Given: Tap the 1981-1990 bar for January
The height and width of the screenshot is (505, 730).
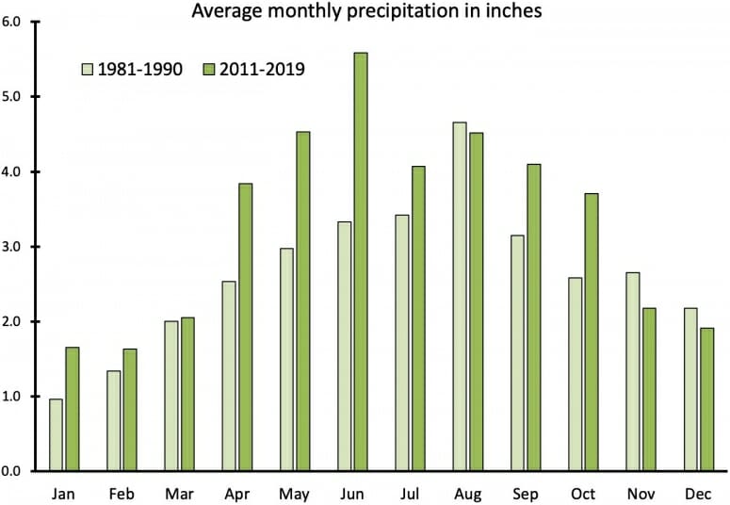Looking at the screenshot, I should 56,434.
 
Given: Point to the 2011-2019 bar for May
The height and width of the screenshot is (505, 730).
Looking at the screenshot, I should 302,301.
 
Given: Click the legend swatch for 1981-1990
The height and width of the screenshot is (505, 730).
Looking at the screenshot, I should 88,69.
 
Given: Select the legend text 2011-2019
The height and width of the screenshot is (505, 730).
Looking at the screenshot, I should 265,69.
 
